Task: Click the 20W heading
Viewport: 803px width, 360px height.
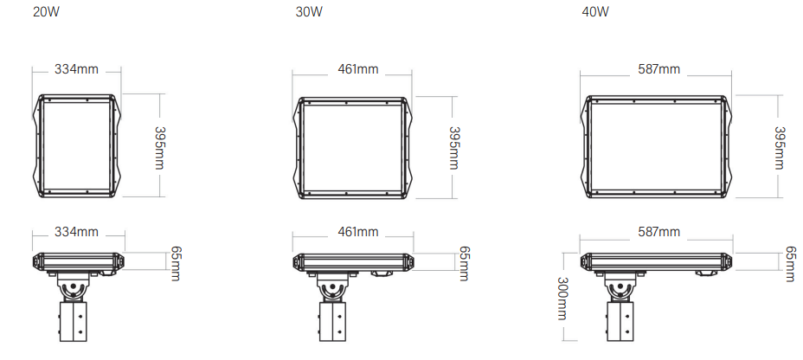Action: click(x=46, y=12)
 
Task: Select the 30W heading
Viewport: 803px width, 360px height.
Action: click(x=309, y=12)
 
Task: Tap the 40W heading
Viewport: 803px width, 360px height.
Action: click(x=595, y=12)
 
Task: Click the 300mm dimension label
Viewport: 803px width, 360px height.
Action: click(x=562, y=299)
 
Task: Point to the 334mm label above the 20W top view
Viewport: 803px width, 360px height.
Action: click(x=76, y=69)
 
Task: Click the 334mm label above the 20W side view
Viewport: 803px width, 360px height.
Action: click(x=76, y=232)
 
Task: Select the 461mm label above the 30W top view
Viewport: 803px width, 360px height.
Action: click(x=357, y=69)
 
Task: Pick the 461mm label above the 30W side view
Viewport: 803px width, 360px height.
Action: click(x=357, y=232)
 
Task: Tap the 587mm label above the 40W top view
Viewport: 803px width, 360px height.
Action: click(x=658, y=69)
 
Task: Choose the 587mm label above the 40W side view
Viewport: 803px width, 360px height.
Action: click(x=658, y=232)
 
